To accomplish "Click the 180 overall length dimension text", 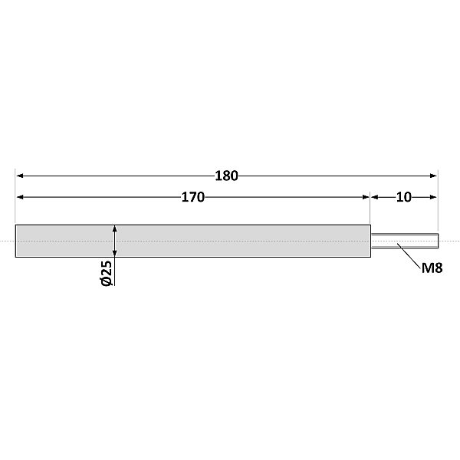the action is tap(226, 176).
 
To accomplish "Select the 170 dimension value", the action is tap(192, 197).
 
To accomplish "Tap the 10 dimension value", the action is tap(404, 197).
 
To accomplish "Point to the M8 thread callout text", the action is tap(432, 268).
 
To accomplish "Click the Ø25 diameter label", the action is tap(107, 273).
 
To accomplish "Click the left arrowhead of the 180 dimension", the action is tap(20, 176).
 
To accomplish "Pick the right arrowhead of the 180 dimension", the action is tap(433, 176).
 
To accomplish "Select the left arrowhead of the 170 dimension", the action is tap(20, 197).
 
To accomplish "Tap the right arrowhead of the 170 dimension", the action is tap(366, 197).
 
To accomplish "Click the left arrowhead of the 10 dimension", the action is tap(375, 197).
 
